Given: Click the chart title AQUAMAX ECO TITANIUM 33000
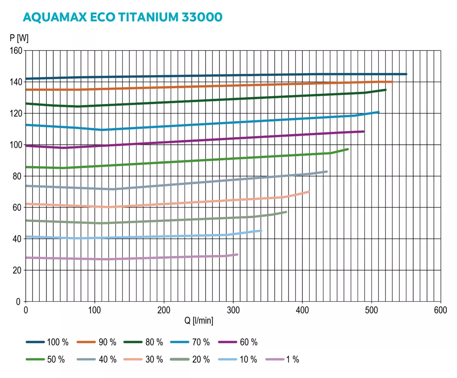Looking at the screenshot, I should [x=122, y=18].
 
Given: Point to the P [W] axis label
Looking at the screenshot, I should [x=19, y=38].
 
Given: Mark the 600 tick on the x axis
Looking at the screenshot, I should [x=441, y=310].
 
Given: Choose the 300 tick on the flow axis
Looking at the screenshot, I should [x=233, y=310].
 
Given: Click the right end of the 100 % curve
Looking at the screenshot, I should [x=406, y=74].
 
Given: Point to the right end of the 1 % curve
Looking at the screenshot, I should [x=237, y=255].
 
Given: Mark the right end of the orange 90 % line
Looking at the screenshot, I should [x=392, y=82].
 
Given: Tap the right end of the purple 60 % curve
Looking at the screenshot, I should [x=363, y=131].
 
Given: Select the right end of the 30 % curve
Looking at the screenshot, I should [x=308, y=192].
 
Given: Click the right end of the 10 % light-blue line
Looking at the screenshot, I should [x=261, y=231].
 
